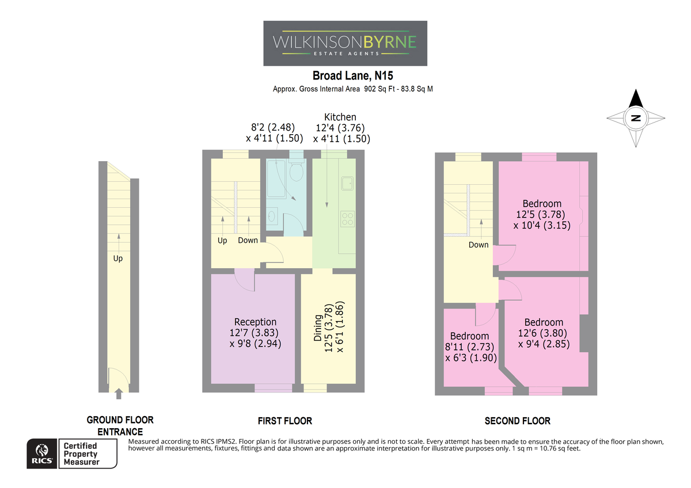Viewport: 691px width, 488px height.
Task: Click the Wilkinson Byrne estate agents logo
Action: point(345,43)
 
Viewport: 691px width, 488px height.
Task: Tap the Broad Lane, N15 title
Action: point(352,75)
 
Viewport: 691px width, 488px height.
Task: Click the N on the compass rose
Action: point(636,118)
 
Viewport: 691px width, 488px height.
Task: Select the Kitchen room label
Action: point(340,117)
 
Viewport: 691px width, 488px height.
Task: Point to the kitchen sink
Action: point(347,183)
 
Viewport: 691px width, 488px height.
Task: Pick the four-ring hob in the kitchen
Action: point(348,219)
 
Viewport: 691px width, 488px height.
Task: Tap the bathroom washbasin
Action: point(272,216)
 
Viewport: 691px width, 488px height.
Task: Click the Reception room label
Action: point(255,322)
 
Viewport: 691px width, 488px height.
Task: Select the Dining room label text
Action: point(317,327)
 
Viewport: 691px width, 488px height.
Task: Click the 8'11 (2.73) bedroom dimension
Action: point(469,347)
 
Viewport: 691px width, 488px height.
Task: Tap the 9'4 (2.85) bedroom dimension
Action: point(544,344)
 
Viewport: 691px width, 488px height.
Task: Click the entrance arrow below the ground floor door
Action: point(119,394)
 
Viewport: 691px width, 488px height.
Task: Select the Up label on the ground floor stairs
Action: point(118,258)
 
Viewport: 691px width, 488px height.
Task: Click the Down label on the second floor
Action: point(479,245)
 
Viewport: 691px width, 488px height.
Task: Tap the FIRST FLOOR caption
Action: point(285,421)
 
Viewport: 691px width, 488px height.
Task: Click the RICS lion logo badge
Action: point(41,453)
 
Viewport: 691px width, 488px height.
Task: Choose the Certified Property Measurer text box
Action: point(88,453)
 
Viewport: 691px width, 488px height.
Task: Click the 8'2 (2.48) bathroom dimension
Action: point(273,127)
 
